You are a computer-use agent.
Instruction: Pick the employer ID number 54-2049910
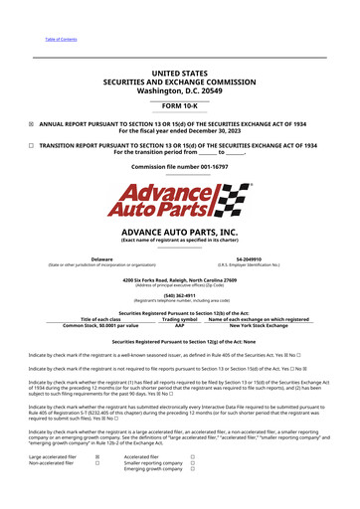(264, 258)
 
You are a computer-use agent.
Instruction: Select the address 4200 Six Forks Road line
(179, 280)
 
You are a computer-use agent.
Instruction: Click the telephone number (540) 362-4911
(179, 294)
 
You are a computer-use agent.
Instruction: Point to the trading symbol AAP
(180, 325)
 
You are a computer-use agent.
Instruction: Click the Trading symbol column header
(180, 318)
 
